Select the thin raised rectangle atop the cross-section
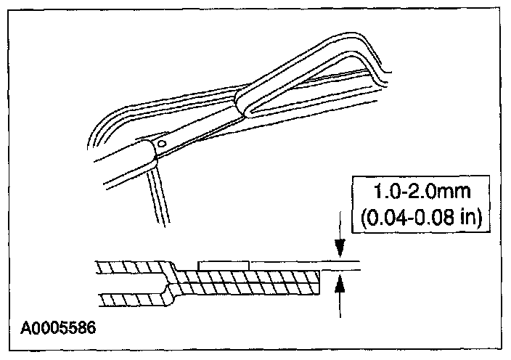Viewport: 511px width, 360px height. pyautogui.click(x=224, y=265)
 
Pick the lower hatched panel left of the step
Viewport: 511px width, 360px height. pyautogui.click(x=131, y=298)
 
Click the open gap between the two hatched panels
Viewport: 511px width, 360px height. pyautogui.click(x=131, y=283)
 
